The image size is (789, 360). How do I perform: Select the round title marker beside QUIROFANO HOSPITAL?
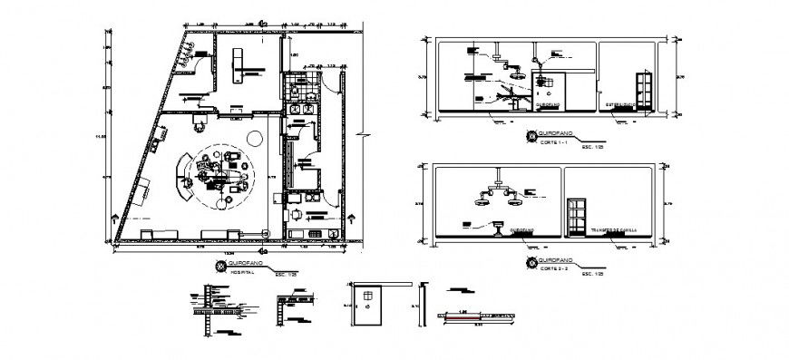(219, 266)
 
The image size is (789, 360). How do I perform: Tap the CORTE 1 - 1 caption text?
(552, 142)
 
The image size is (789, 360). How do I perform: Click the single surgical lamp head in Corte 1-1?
(517, 78)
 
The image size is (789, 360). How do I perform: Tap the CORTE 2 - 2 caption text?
(552, 269)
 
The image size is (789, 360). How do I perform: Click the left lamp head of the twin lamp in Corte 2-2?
(482, 200)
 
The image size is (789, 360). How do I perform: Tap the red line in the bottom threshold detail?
(463, 314)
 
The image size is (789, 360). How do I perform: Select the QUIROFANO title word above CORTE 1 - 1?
(552, 135)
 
